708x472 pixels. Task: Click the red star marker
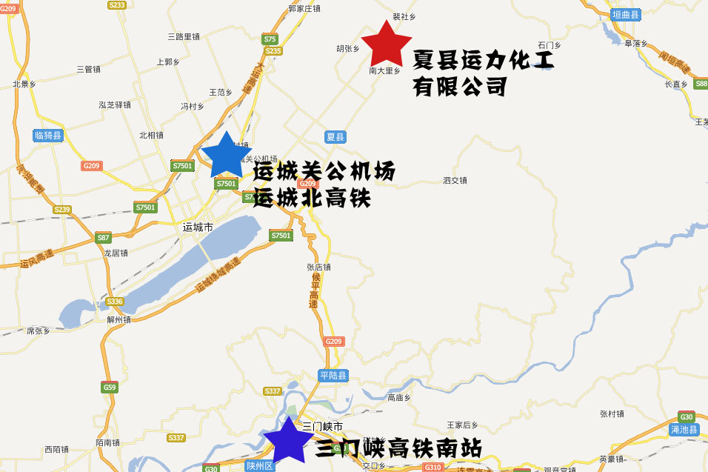386,44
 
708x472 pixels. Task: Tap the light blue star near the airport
225,156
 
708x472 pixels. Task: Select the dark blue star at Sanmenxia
287,440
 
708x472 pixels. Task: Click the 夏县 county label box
335,137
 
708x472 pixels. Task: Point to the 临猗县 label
49,136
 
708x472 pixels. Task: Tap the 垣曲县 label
626,15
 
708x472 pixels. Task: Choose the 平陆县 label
333,376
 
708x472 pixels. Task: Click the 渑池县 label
684,430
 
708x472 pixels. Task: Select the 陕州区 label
259,466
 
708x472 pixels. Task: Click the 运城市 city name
198,227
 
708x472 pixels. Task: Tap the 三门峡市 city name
322,427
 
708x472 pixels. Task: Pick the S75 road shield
270,39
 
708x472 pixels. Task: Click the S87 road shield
103,238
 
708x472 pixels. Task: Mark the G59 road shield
110,387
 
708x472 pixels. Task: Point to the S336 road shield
115,302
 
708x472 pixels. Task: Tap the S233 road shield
117,5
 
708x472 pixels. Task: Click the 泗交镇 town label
455,180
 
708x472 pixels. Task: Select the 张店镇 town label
318,267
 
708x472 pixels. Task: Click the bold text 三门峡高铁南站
398,449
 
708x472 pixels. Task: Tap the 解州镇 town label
118,320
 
